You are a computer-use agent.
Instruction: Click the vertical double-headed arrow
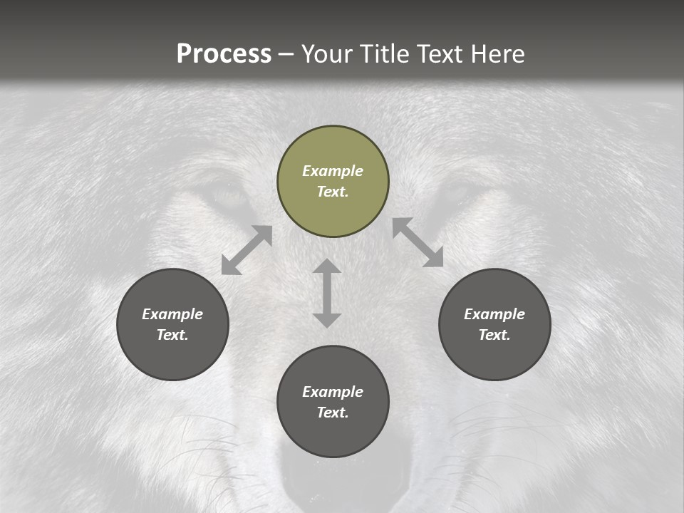pyautogui.click(x=327, y=293)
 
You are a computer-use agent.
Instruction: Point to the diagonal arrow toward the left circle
pyautogui.click(x=247, y=250)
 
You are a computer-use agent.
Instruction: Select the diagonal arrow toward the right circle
pyautogui.click(x=418, y=242)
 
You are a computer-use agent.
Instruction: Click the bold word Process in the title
pyautogui.click(x=224, y=54)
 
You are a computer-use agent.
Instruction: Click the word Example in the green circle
pyautogui.click(x=333, y=171)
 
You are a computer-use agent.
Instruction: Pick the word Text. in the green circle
pyautogui.click(x=333, y=192)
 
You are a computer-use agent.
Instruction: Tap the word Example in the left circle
pyautogui.click(x=172, y=314)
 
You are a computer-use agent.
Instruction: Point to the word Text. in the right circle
pyautogui.click(x=494, y=335)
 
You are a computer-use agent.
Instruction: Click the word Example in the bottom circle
pyautogui.click(x=333, y=392)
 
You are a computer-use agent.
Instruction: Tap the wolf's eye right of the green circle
pyautogui.click(x=453, y=192)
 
